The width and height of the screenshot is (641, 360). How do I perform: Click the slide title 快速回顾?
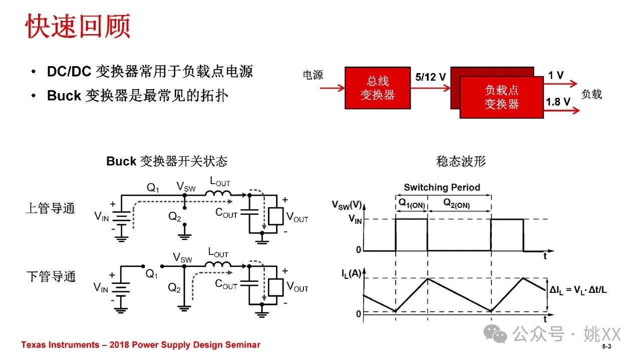pyautogui.click(x=78, y=26)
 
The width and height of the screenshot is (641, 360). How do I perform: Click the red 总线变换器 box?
pyautogui.click(x=378, y=88)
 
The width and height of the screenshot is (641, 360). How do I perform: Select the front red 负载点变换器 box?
pyautogui.click(x=501, y=97)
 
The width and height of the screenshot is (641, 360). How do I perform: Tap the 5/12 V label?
pyautogui.click(x=430, y=77)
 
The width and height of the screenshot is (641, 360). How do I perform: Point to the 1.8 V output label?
pyautogui.click(x=558, y=102)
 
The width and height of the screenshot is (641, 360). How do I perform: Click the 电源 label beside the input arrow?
pyautogui.click(x=313, y=75)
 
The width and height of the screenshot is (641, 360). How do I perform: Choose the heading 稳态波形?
pyautogui.click(x=461, y=161)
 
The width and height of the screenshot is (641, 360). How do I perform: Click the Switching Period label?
pyautogui.click(x=442, y=187)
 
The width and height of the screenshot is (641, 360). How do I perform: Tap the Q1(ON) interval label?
pyautogui.click(x=412, y=204)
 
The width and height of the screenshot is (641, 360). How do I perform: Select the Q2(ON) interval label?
pyautogui.click(x=456, y=204)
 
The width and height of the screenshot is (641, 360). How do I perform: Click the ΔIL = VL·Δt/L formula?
pyautogui.click(x=578, y=290)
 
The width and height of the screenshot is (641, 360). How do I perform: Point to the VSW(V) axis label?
pyautogui.click(x=347, y=205)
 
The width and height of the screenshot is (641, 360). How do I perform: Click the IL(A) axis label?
pyautogui.click(x=351, y=273)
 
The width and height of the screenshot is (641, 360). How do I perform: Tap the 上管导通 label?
pyautogui.click(x=51, y=208)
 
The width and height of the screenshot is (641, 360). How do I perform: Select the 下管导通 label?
pyautogui.click(x=51, y=276)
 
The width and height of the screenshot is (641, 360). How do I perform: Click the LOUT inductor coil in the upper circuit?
pyautogui.click(x=218, y=193)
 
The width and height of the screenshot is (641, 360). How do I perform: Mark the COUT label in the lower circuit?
pyautogui.click(x=226, y=284)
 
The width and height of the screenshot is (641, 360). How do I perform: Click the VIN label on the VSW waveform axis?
pyautogui.click(x=355, y=219)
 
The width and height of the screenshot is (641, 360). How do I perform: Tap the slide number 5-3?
pyautogui.click(x=606, y=346)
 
